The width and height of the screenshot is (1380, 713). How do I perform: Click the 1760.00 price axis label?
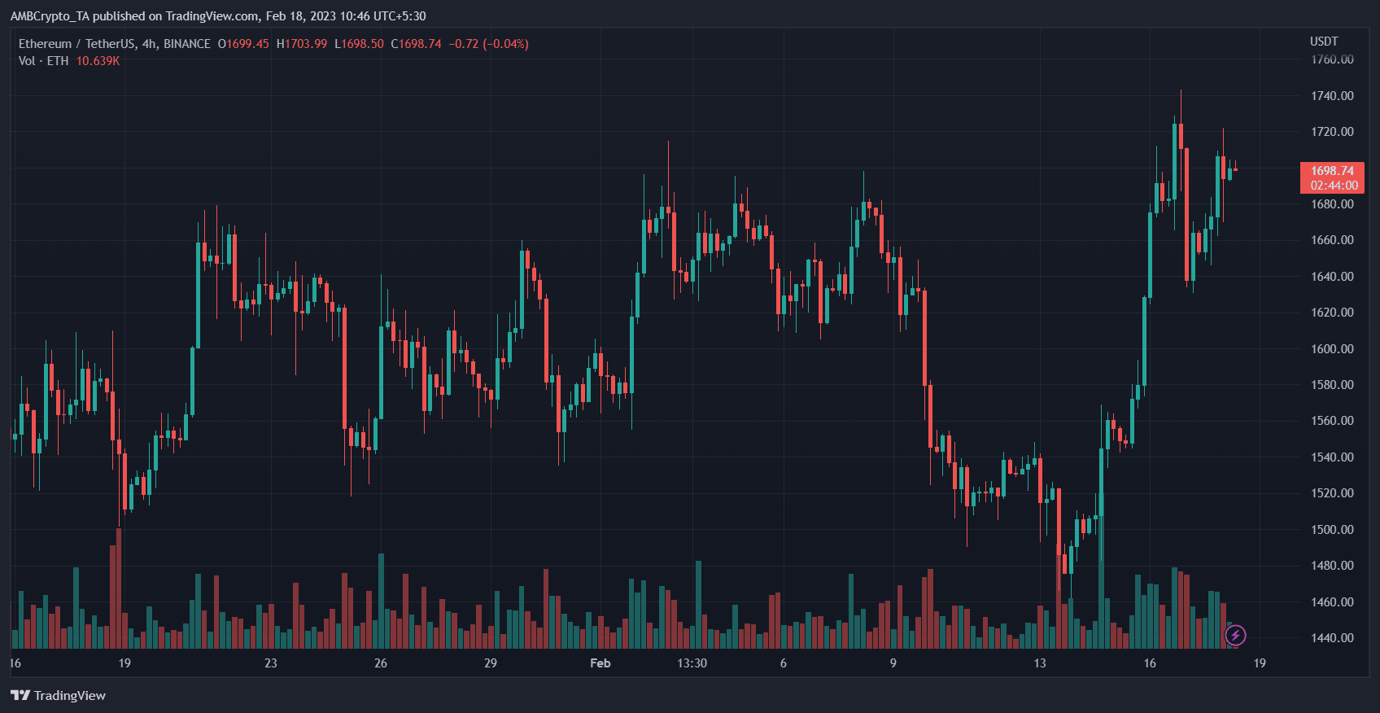coord(1331,59)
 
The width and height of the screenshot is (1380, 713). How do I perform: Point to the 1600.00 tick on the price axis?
coord(1331,348)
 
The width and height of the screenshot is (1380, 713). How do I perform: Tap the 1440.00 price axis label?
coord(1331,638)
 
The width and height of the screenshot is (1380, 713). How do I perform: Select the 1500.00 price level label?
coord(1331,529)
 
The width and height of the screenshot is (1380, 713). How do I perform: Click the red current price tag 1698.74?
coord(1331,171)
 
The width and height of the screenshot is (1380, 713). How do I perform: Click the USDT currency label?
coord(1323,42)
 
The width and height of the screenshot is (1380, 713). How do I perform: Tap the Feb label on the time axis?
coord(600,663)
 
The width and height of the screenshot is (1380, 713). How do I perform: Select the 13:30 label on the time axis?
coord(692,663)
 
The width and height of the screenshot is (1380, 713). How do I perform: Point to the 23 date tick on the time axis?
coord(270,663)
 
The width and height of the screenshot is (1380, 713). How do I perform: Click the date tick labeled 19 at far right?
coord(1259,663)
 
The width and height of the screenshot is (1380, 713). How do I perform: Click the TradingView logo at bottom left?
coord(58,695)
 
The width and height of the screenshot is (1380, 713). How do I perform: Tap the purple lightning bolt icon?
coord(1235,635)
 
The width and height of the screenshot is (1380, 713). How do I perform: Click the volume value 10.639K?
coord(98,61)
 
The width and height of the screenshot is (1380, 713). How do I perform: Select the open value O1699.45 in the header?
coord(243,44)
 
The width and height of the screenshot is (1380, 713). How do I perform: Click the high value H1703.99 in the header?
coord(302,44)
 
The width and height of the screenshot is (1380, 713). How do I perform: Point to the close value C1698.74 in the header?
coord(416,44)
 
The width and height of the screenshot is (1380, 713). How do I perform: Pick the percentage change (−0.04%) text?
coord(505,44)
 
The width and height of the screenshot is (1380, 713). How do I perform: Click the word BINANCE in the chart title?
coord(187,44)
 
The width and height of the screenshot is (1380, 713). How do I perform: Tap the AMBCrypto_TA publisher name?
coord(50,16)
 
